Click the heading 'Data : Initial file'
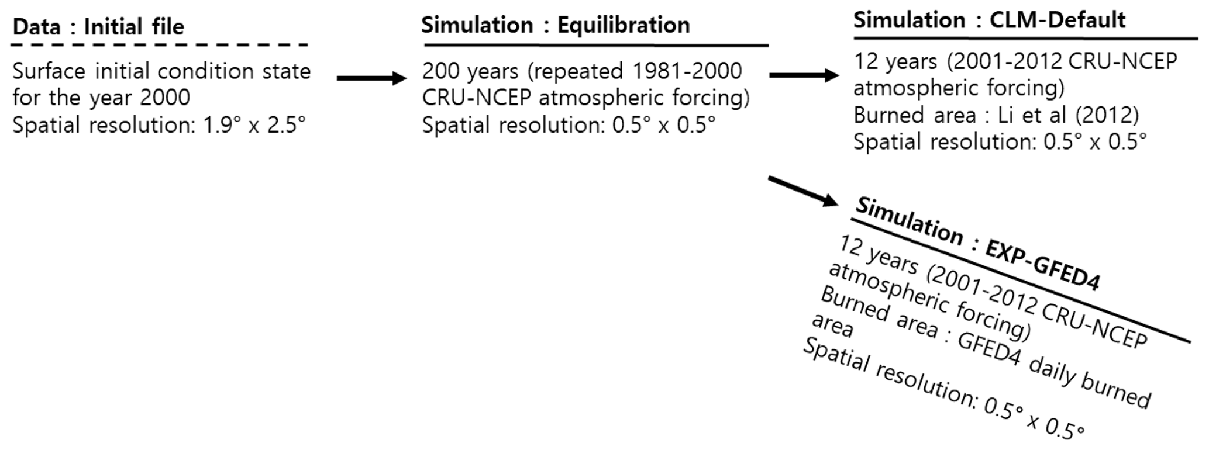click(98, 27)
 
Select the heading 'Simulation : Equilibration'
click(555, 25)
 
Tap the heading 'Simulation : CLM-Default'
click(989, 20)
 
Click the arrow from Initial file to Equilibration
click(371, 78)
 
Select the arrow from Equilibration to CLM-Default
click(804, 75)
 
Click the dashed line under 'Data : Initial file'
click(159, 45)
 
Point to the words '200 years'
click(470, 71)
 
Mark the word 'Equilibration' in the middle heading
click(624, 25)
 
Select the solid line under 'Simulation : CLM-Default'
click(1025, 39)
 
